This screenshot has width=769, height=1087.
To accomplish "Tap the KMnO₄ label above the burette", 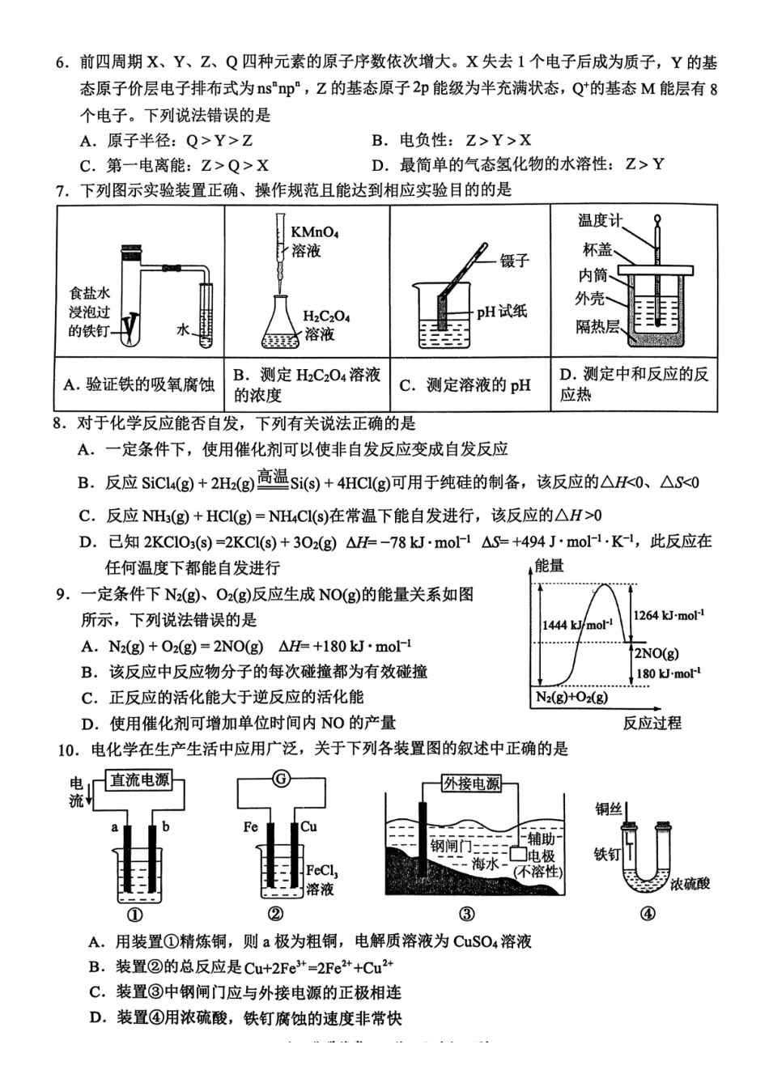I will (x=316, y=232).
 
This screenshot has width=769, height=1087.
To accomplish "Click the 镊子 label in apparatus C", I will (x=514, y=260).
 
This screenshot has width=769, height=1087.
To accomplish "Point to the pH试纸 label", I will (x=501, y=311).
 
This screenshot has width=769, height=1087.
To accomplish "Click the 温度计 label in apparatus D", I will (x=600, y=220).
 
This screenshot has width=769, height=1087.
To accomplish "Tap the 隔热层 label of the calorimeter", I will (x=597, y=326).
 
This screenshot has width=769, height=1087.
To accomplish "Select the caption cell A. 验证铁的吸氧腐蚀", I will (x=140, y=384).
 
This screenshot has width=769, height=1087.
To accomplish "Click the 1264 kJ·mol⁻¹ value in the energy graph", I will (x=668, y=615).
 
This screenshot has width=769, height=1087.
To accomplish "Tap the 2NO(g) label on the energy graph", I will (x=656, y=654).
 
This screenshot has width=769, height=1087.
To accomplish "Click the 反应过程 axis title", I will (x=652, y=723).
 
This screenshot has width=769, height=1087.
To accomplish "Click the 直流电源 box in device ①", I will (x=140, y=780).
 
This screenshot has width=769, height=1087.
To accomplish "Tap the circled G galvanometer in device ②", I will (x=280, y=779).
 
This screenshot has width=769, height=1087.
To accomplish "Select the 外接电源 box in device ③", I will (x=471, y=783).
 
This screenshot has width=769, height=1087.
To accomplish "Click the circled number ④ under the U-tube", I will (x=648, y=914).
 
